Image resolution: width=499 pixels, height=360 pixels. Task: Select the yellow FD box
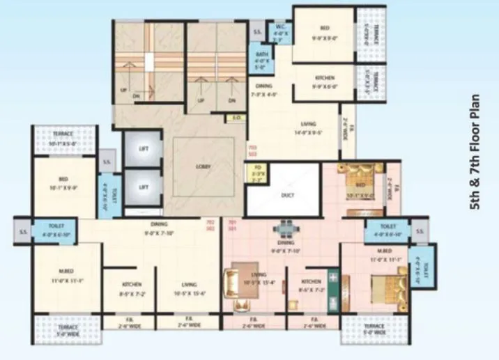point(256,171)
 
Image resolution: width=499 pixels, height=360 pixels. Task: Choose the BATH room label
point(262,59)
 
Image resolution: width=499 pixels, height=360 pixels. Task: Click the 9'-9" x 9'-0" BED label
point(324,33)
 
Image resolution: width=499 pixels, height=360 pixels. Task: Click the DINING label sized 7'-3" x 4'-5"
point(263,89)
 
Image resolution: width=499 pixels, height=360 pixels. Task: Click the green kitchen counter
point(335,292)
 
